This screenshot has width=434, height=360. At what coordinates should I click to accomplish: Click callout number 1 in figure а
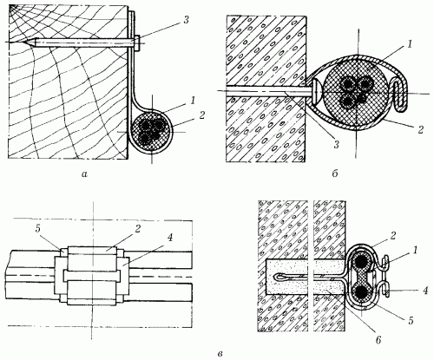[192, 101]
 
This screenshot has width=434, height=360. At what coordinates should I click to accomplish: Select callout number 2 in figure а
[201, 115]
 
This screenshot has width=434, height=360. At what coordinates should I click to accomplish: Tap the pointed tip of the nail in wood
[25, 43]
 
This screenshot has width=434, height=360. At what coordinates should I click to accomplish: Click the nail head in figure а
[137, 43]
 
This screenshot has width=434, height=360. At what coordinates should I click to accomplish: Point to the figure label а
[84, 173]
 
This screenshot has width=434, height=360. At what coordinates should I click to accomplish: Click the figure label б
[335, 173]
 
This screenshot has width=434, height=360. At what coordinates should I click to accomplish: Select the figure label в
[220, 353]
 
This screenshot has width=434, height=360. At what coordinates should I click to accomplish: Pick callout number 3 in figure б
[336, 145]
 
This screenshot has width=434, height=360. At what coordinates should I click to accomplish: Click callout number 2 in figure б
[420, 129]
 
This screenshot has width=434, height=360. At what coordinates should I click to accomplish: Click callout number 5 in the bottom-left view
[37, 228]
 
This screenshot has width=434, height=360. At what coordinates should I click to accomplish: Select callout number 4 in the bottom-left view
[169, 238]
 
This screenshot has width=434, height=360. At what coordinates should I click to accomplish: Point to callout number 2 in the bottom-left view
[137, 228]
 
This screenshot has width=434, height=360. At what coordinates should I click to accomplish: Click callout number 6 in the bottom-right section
[378, 340]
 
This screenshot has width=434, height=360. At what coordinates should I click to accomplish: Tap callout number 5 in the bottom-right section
[411, 320]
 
